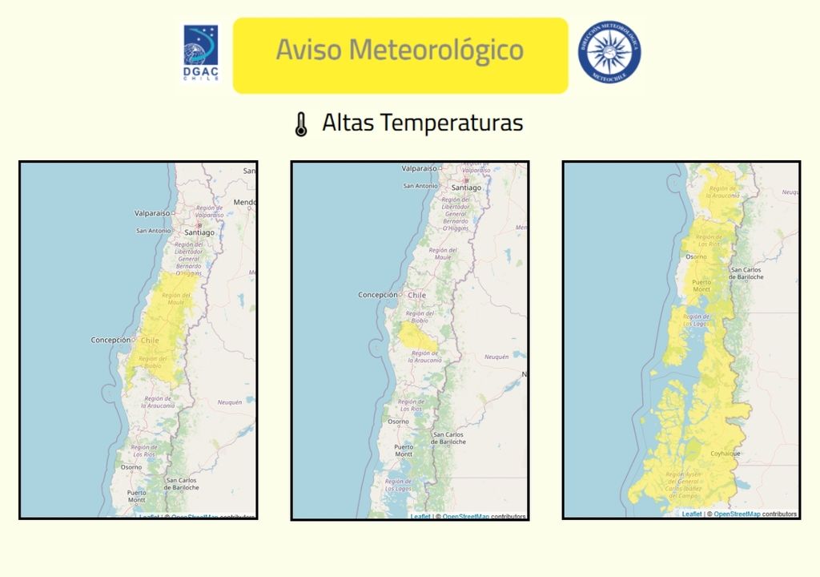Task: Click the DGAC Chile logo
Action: point(200,54)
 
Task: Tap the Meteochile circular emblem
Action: point(609,51)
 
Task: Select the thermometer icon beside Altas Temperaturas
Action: point(301,124)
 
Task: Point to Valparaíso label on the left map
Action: point(153,213)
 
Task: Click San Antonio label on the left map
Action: point(153,231)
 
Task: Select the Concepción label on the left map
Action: point(111,340)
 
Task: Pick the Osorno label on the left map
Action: point(131,467)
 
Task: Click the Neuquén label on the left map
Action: point(230,402)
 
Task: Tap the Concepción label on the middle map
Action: point(377,295)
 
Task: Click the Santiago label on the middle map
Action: point(466,188)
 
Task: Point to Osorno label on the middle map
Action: point(398,422)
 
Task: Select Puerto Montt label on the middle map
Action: point(404,450)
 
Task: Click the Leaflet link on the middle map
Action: point(420,517)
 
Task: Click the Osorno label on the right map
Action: point(695,257)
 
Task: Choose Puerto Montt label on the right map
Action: point(701,286)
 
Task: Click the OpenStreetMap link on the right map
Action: point(737,514)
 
